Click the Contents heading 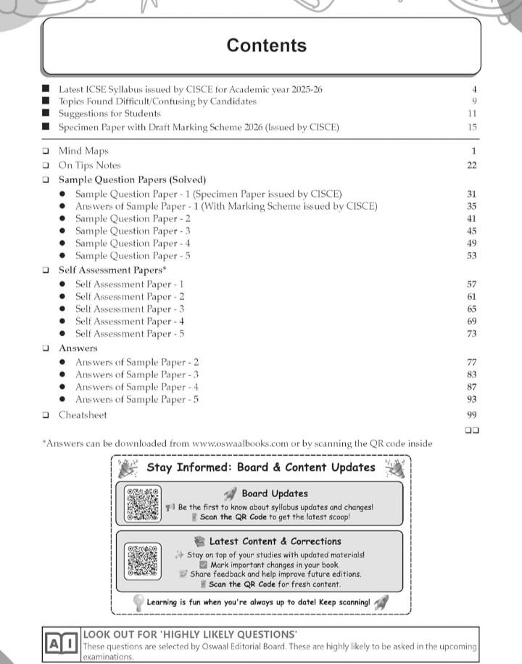pyautogui.click(x=266, y=45)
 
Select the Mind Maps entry pyautogui.click(x=83, y=151)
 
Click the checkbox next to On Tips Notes pyautogui.click(x=46, y=165)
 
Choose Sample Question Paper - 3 pyautogui.click(x=133, y=231)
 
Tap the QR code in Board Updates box pyautogui.click(x=142, y=504)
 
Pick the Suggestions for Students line pyautogui.click(x=109, y=114)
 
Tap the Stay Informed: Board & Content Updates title pyautogui.click(x=261, y=467)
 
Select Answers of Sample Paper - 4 pyautogui.click(x=137, y=387)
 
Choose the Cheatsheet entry pyautogui.click(x=83, y=415)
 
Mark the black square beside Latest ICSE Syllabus pyautogui.click(x=46, y=89)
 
